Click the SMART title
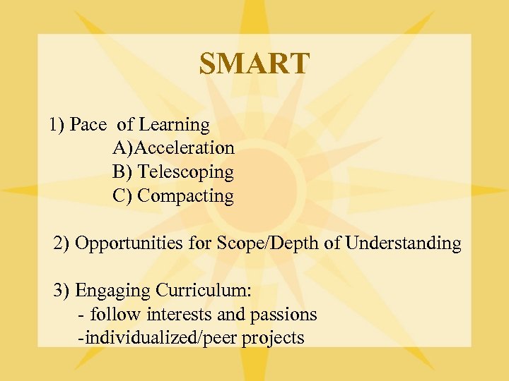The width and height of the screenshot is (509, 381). point(254,64)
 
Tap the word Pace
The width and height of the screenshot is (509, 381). point(88,125)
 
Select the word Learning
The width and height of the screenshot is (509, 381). point(174,126)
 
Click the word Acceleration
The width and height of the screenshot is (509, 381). point(185,148)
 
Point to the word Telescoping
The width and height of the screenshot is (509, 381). point(185,172)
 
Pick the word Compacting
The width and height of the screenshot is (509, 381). point(185,195)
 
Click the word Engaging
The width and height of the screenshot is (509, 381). point(112,291)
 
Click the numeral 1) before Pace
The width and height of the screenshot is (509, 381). point(57,125)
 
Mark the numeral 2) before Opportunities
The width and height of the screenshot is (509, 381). point(62,244)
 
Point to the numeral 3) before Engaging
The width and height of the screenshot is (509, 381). point(62,291)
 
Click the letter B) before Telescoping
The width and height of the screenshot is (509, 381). point(122,172)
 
